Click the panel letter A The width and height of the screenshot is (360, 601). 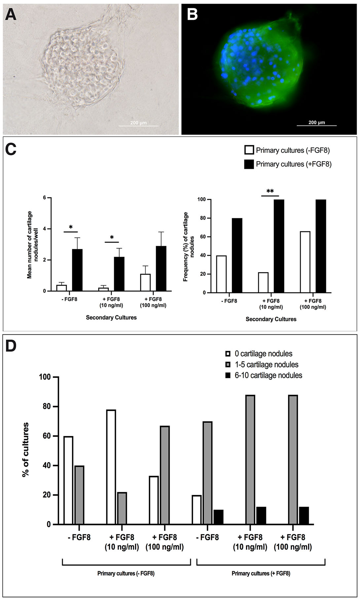click(x=11, y=14)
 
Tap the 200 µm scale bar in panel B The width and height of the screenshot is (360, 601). click(x=316, y=125)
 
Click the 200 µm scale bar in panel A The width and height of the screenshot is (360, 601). click(x=138, y=126)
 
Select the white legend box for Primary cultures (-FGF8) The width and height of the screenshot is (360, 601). click(x=249, y=150)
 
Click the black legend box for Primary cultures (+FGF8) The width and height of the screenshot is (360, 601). click(x=249, y=164)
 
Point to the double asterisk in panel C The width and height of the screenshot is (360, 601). click(x=270, y=191)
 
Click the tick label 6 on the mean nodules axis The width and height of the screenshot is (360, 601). click(x=44, y=198)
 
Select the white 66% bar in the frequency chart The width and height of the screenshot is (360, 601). click(x=305, y=262)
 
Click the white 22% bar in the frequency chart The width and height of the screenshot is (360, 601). click(x=263, y=283)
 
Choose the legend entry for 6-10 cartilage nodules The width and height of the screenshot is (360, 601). click(x=268, y=375)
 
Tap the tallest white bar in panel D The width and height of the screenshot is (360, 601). click(x=111, y=467)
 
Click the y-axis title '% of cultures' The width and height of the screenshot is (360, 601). click(x=25, y=450)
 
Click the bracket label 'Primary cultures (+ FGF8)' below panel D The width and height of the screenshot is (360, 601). click(x=261, y=573)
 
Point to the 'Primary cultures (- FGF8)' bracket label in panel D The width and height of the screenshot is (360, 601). click(x=126, y=573)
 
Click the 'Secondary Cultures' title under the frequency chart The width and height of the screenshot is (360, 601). click(x=271, y=319)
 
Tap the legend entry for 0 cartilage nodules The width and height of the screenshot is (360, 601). click(x=263, y=354)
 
